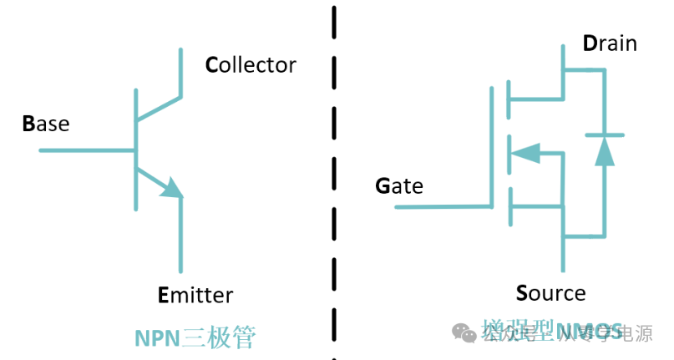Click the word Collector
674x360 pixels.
[251, 64]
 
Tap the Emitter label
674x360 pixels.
[195, 294]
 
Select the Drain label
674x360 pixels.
[610, 43]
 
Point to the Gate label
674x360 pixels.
[399, 185]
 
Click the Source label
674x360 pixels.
[550, 293]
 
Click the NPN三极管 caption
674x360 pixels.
[195, 337]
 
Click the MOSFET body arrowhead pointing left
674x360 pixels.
[525, 153]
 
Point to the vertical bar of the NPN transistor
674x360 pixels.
[135, 150]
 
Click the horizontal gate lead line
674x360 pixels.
[443, 205]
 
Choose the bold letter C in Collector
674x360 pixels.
[211, 64]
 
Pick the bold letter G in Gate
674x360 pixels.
[383, 185]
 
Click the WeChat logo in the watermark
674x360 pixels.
[465, 332]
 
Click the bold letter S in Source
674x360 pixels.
[522, 293]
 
